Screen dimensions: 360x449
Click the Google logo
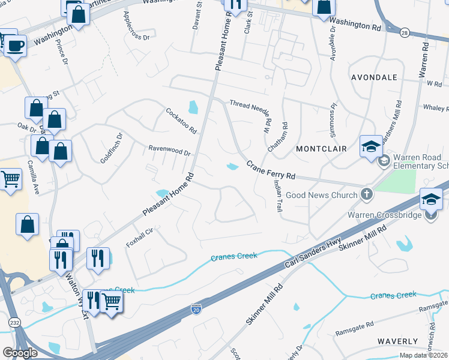click(20, 353)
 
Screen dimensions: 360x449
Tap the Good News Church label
click(322, 194)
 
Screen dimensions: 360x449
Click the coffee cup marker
click(16, 45)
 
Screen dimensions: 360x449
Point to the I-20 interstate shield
click(196, 309)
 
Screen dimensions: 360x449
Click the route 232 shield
click(13, 323)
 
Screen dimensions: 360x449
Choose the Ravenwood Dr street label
click(169, 149)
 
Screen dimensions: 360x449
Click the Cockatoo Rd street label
click(181, 120)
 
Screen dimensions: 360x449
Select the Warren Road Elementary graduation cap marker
click(371, 146)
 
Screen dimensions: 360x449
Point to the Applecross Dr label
click(135, 24)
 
